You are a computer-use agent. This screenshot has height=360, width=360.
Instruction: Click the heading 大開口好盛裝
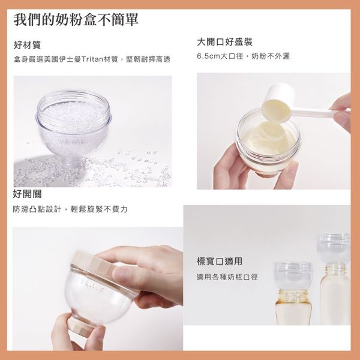(x=224, y=42)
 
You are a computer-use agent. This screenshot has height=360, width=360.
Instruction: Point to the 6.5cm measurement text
(x=210, y=56)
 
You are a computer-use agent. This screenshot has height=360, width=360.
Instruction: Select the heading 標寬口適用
(x=219, y=262)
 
